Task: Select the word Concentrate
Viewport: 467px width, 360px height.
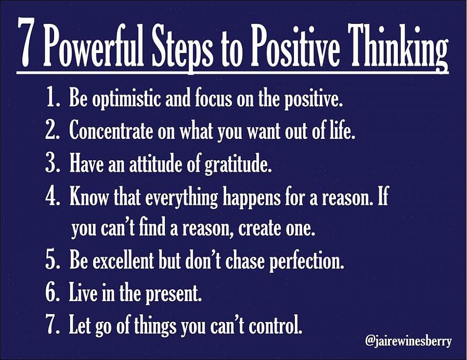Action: [110, 131]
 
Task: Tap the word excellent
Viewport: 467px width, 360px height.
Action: [123, 260]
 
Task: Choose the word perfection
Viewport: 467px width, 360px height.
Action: [307, 262]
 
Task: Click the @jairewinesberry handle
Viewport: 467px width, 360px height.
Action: [408, 341]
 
